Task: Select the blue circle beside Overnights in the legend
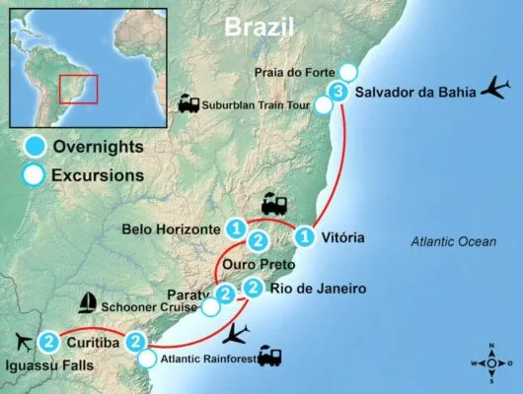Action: (35, 147)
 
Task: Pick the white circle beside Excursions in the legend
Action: (35, 176)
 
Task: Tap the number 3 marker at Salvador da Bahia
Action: (338, 93)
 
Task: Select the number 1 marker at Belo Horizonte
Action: (236, 229)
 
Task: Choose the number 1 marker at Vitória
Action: (307, 237)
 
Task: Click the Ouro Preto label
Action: (255, 264)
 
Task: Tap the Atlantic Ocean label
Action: (453, 242)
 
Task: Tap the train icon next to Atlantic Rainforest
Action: (270, 357)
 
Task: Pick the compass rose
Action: (493, 361)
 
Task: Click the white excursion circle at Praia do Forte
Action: (348, 71)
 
